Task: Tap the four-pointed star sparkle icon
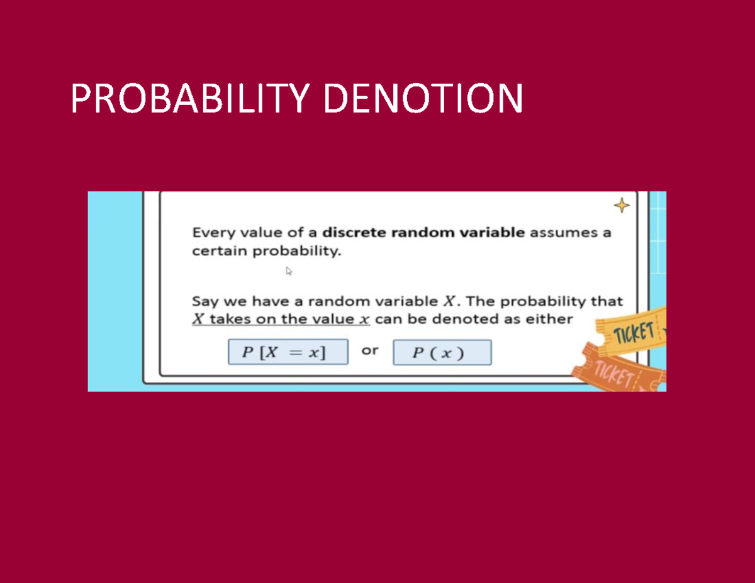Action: (621, 206)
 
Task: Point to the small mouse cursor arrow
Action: (289, 271)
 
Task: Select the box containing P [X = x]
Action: (288, 352)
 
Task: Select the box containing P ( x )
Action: (442, 353)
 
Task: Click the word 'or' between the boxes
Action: (370, 351)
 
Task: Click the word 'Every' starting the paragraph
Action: (212, 233)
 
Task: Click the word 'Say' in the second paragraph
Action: (204, 302)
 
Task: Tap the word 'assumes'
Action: (559, 233)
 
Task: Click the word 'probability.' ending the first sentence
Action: (297, 252)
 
